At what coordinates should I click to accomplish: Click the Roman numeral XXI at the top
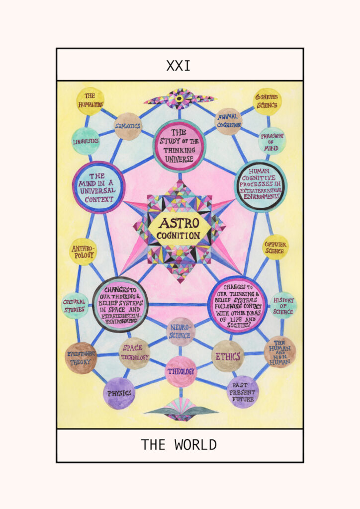click(179, 66)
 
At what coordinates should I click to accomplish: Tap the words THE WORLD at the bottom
click(179, 444)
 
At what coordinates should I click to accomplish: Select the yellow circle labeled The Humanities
click(90, 101)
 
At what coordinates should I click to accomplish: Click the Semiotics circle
click(128, 126)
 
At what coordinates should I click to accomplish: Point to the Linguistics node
click(86, 141)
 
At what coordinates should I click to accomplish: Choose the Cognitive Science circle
click(267, 101)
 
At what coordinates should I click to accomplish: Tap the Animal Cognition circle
click(228, 121)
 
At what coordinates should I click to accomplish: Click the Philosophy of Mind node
click(272, 141)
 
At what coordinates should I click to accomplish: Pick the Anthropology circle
click(83, 252)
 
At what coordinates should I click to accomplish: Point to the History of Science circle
click(283, 305)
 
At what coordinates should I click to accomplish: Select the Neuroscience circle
click(180, 332)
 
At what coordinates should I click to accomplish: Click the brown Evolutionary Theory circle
click(81, 358)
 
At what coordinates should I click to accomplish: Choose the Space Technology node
click(134, 353)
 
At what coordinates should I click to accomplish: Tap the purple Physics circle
click(119, 393)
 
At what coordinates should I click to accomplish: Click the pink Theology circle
click(180, 371)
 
